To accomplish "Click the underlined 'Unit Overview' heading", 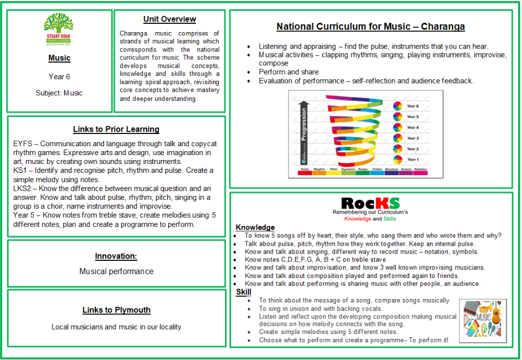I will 169,19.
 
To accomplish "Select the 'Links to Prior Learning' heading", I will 116,130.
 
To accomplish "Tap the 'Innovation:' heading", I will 116,256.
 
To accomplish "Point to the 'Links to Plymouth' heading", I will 116,310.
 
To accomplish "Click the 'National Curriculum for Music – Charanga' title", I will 371,27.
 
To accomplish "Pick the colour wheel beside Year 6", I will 397,106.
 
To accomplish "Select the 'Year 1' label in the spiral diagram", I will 413,160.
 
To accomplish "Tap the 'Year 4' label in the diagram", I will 413,127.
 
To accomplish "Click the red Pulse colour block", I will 304,173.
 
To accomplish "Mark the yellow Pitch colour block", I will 334,173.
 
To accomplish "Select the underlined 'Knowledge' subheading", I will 255,228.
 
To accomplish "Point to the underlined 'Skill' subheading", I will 244,292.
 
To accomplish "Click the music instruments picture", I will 483,317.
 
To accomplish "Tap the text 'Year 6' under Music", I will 59,77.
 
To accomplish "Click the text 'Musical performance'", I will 116,271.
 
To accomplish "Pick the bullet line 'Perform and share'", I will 288,72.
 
